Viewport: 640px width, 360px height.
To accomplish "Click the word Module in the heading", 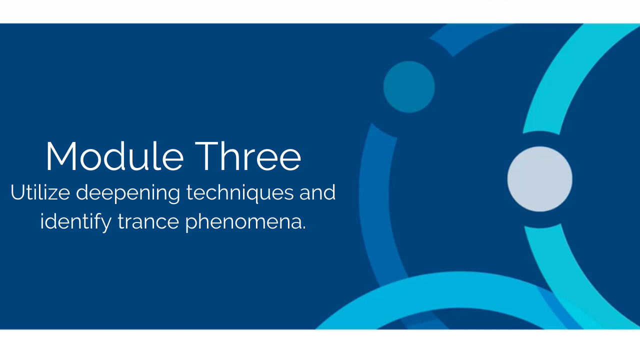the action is (114, 156).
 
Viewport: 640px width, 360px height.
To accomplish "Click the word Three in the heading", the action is (248, 156).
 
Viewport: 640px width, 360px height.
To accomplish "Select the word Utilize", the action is (40, 192).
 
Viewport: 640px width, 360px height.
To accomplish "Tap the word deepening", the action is (128, 193).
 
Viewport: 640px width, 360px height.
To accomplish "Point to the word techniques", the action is (240, 193).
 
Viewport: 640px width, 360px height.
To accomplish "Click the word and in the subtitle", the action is (317, 192).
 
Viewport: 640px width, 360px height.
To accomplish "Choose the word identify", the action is (75, 222).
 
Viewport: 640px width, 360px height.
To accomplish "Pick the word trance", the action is (148, 221).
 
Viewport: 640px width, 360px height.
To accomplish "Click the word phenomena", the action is (243, 222).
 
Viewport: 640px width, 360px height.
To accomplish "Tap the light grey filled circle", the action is (539, 179).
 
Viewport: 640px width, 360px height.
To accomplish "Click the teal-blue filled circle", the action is (409, 87).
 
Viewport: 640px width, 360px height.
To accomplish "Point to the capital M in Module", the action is (61, 156).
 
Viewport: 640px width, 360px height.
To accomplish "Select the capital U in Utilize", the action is (17, 192).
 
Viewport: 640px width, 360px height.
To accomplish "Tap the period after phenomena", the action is (303, 227).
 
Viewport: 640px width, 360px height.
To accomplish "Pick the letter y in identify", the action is (105, 225).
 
